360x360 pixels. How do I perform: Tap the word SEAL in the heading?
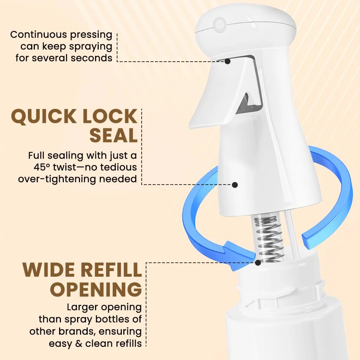click(x=113, y=136)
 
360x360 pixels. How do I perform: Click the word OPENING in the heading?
click(x=96, y=289)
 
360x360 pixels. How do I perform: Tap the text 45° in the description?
click(x=41, y=167)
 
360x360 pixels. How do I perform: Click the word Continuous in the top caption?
click(x=39, y=34)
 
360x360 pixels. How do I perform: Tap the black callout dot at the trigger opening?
click(x=227, y=61)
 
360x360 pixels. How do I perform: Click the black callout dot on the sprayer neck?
click(x=234, y=185)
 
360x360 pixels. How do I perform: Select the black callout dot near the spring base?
click(x=258, y=262)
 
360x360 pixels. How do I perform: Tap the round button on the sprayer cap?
click(x=219, y=23)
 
